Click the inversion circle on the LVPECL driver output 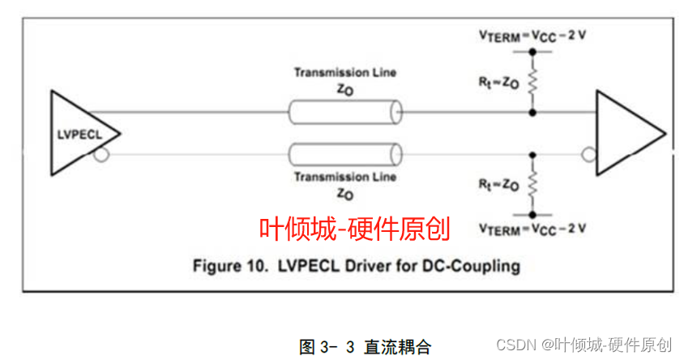pos(100,153)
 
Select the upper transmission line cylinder pos(345,111)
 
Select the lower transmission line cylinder pos(345,153)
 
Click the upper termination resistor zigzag pos(532,81)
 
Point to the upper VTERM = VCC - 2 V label pos(532,36)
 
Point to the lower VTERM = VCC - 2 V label pos(532,229)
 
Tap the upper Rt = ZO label pos(498,81)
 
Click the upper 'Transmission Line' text pos(345,72)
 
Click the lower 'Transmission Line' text pos(345,176)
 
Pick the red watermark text pos(354,229)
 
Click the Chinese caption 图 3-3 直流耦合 pos(357,346)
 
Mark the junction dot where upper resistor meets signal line pos(532,111)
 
